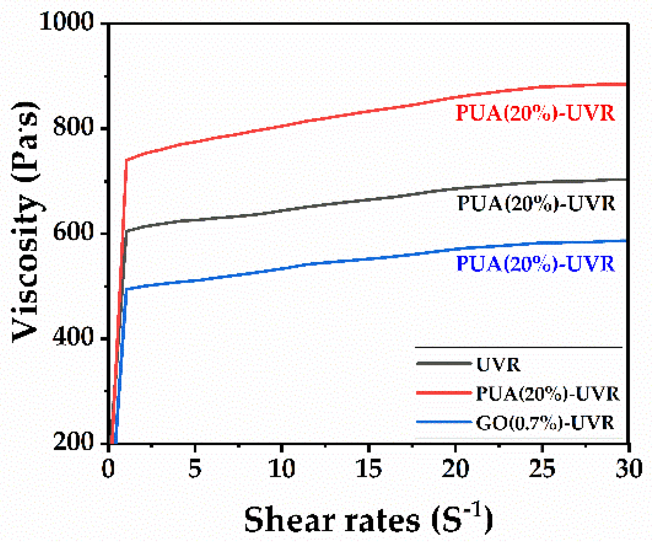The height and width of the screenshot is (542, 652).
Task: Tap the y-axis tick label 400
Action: click(73, 337)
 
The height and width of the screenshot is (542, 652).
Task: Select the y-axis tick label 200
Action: click(73, 442)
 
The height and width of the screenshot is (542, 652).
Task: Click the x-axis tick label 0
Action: click(108, 468)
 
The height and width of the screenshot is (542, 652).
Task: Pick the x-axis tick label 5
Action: click(195, 468)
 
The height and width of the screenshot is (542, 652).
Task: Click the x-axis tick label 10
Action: click(281, 468)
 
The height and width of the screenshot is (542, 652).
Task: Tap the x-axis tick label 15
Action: click(368, 468)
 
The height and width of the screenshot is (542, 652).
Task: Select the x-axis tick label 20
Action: click(455, 468)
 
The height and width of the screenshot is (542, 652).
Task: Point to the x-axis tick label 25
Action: click(542, 468)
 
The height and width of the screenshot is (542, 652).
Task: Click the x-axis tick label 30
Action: click(628, 468)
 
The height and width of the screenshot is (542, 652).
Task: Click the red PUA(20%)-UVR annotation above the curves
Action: click(535, 113)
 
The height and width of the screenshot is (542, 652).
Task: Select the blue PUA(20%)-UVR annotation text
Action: click(535, 264)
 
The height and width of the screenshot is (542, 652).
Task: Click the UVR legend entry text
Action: click(498, 365)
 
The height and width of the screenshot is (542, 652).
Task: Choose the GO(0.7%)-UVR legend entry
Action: click(545, 423)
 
